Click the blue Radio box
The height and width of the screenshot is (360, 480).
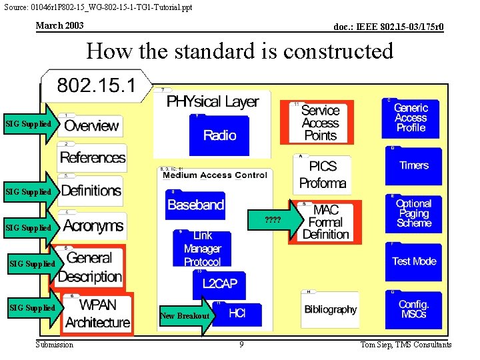click(219, 135)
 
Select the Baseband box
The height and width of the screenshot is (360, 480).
click(195, 205)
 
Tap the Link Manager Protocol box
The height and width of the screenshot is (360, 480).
click(202, 249)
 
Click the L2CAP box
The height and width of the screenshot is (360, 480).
click(219, 285)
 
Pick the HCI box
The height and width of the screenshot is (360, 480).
click(237, 313)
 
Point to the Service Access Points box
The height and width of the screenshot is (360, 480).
click(320, 123)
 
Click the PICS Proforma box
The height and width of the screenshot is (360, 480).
click(322, 174)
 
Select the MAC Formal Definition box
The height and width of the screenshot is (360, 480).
click(326, 222)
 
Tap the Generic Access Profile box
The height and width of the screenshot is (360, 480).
click(411, 117)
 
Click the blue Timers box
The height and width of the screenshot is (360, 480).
click(413, 165)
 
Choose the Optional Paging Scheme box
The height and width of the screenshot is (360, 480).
click(413, 213)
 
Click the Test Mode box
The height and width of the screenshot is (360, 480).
click(413, 261)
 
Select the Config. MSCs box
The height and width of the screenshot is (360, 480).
click(413, 309)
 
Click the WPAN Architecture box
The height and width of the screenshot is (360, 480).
click(97, 313)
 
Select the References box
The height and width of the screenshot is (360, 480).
click(92, 157)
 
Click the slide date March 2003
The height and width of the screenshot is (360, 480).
click(59, 25)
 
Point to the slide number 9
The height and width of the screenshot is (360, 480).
click(241, 345)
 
